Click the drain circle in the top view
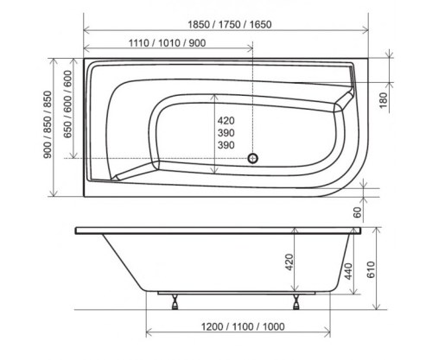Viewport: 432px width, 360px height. [253, 158]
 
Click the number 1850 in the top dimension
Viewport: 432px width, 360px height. [199, 25]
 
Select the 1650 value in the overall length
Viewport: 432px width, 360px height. [260, 25]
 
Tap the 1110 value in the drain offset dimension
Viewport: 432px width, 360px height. [138, 43]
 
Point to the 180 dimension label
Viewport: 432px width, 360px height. [384, 100]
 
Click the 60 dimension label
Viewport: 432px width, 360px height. [357, 212]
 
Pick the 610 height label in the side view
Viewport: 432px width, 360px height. [371, 269]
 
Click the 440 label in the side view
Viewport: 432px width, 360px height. [348, 271]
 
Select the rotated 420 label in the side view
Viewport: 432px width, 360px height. [289, 262]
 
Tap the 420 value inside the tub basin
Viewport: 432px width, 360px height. [226, 121]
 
